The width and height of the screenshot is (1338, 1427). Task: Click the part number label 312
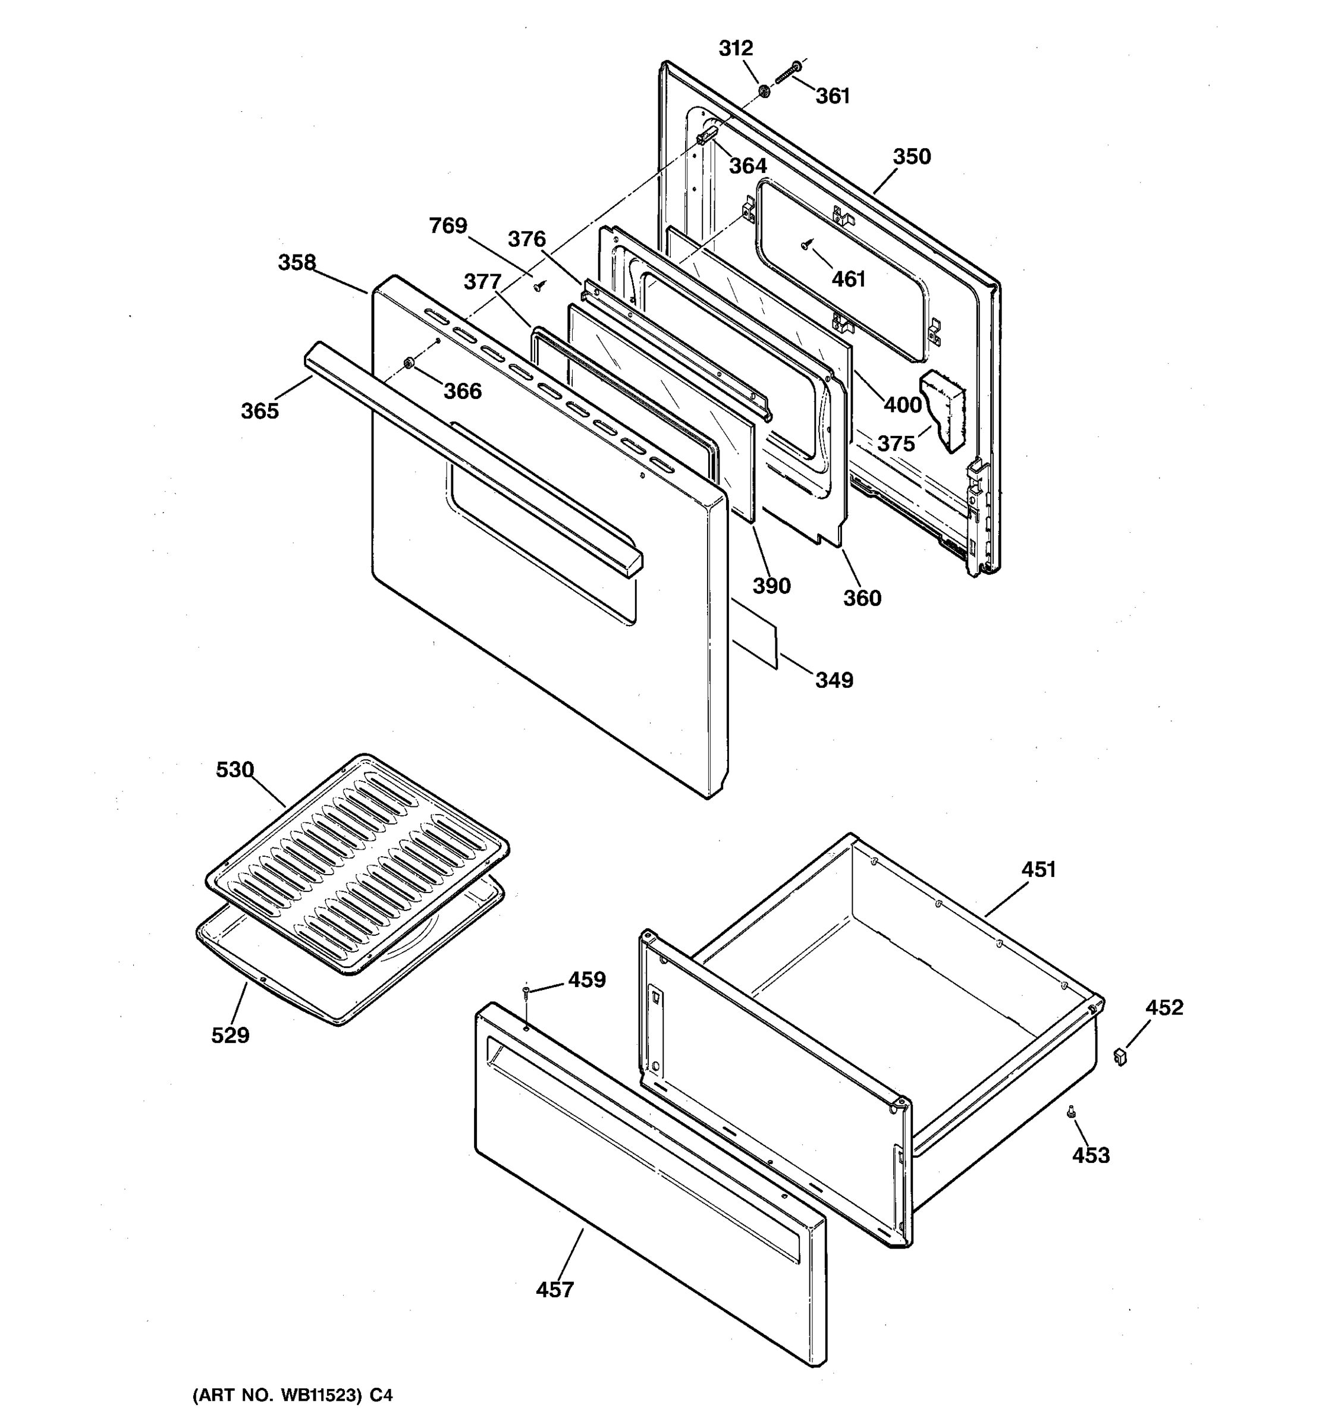click(x=736, y=48)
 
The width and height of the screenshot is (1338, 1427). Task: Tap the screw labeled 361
click(x=787, y=74)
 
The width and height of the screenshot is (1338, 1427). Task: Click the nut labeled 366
click(x=409, y=363)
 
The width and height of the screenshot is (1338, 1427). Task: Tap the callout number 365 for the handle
click(x=259, y=411)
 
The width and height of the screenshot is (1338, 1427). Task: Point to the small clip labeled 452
click(x=1120, y=1056)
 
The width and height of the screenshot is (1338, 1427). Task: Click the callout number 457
click(x=555, y=1290)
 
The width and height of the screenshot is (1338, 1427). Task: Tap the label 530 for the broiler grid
click(x=235, y=769)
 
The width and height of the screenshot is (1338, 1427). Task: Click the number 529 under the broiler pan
click(x=230, y=1035)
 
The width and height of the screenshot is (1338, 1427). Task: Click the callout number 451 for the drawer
click(x=1039, y=869)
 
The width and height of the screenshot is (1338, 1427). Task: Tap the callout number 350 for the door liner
click(x=912, y=156)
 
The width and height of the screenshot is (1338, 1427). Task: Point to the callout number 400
click(x=902, y=405)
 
